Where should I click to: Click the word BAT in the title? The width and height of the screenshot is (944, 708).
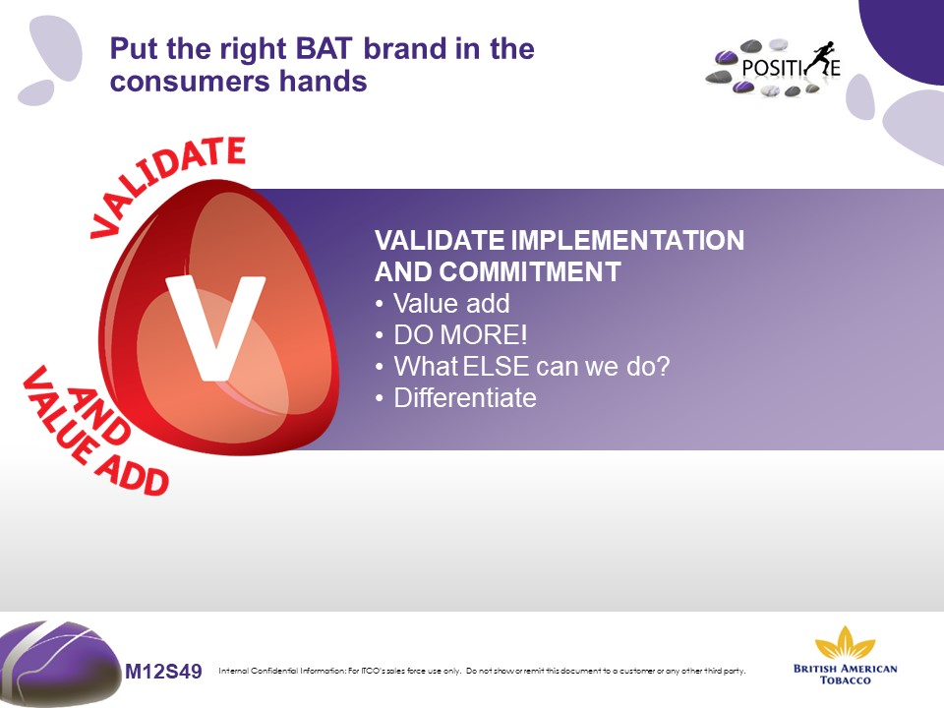[324, 49]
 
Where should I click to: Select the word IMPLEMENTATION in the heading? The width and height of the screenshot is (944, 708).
[627, 240]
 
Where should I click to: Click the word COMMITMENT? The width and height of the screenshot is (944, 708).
[530, 272]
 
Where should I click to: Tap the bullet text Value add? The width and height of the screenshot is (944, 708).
[451, 304]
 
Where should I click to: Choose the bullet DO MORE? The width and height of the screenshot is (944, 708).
[460, 334]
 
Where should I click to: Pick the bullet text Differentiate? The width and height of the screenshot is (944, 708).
[465, 398]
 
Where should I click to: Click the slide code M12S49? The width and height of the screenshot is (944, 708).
[163, 671]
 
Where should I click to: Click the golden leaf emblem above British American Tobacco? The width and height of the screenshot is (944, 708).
[845, 643]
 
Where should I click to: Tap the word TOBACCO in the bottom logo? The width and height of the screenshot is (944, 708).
[846, 680]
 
